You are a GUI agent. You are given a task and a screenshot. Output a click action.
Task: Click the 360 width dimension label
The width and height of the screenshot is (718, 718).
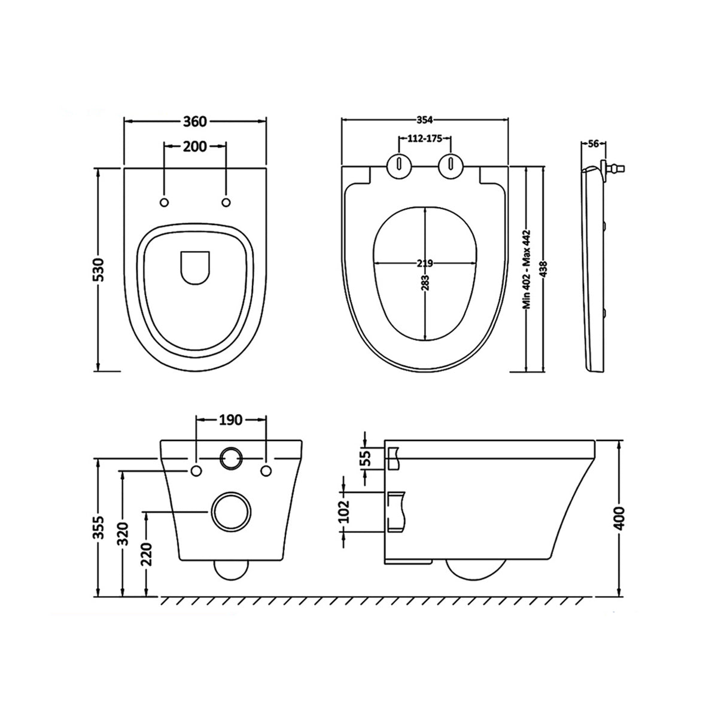tap(194, 121)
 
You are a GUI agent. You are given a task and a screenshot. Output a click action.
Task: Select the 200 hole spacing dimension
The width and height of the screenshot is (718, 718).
tap(195, 146)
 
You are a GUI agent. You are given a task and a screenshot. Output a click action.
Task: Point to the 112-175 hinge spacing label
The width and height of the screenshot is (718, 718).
tap(424, 139)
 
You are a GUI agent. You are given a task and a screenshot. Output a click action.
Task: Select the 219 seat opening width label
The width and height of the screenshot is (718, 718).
tap(425, 263)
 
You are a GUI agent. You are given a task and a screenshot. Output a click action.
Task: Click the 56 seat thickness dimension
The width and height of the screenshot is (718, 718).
tap(594, 143)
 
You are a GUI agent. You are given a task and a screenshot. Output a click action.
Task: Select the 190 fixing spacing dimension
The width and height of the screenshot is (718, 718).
tap(230, 420)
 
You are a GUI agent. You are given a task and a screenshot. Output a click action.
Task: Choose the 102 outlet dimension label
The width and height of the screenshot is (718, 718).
tap(344, 512)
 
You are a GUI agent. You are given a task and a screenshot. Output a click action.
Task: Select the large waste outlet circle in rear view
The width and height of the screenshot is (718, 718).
tap(230, 512)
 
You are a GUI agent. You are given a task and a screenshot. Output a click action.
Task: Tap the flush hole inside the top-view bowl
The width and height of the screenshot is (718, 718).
tap(195, 267)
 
